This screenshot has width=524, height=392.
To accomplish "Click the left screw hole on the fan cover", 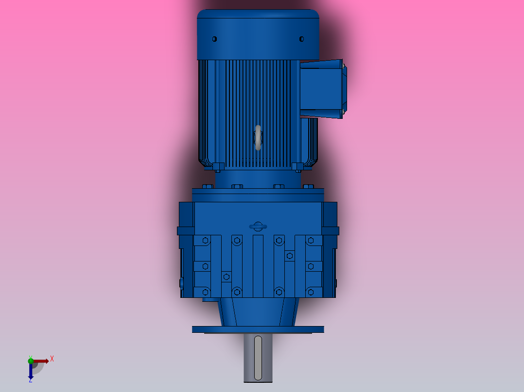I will pyautogui.click(x=214, y=39).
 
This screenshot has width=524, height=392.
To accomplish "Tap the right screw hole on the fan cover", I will pyautogui.click(x=301, y=39).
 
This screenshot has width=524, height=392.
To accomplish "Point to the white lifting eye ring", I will pyautogui.click(x=258, y=138).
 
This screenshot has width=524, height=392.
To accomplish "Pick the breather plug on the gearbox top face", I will pyautogui.click(x=258, y=226).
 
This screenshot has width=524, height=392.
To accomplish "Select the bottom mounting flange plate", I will pyautogui.click(x=258, y=329).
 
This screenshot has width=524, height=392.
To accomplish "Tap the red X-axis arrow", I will pyautogui.click(x=41, y=360).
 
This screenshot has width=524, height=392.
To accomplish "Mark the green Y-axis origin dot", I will pyautogui.click(x=31, y=359).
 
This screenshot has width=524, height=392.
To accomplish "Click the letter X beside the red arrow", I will pyautogui.click(x=52, y=359).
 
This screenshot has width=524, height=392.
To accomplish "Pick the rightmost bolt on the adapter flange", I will pyautogui.click(x=308, y=187).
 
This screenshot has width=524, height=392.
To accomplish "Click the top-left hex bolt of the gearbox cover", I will pyautogui.click(x=205, y=240).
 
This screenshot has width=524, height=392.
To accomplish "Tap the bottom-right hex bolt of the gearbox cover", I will pyautogui.click(x=311, y=292).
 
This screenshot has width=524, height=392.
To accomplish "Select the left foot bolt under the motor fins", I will pyautogui.click(x=217, y=167).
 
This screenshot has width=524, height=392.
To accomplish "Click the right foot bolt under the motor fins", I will pyautogui.click(x=297, y=167).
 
